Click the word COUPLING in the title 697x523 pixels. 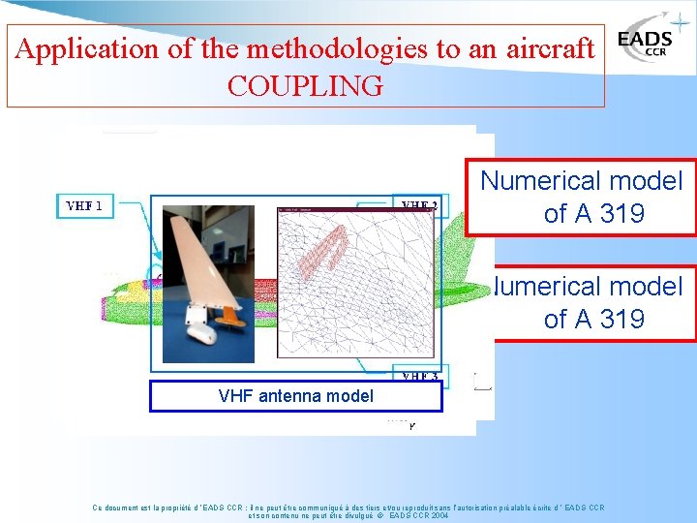tap(305, 85)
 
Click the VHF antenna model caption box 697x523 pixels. tap(296, 396)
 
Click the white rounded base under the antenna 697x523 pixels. tap(201, 335)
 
